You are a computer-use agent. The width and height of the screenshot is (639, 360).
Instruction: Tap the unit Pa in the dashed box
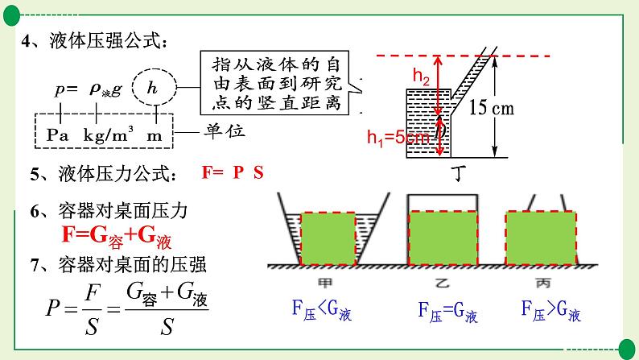coord(58,134)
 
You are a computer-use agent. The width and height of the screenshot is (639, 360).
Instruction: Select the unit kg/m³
coord(108,134)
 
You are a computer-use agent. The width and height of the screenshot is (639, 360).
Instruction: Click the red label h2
coord(421,76)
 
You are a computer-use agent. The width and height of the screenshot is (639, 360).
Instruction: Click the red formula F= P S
coord(233,172)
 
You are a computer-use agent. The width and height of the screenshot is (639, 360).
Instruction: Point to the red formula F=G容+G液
coord(117,235)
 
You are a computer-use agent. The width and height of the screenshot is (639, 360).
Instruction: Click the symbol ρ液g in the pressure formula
coord(105,91)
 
